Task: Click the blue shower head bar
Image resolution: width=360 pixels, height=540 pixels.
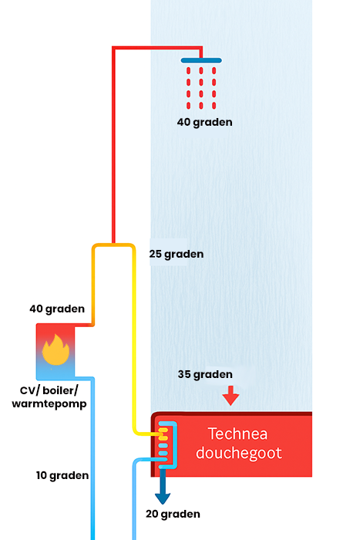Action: [x=201, y=60]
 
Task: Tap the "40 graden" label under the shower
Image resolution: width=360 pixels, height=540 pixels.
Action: [x=205, y=122]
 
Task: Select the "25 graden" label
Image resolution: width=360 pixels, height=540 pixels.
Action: [x=177, y=254]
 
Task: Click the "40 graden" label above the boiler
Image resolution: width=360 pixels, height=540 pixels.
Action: [x=57, y=309]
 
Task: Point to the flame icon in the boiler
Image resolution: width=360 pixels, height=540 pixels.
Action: [x=56, y=349]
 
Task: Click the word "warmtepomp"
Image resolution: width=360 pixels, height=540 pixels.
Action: [x=49, y=403]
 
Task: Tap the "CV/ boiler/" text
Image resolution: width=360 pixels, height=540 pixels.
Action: [x=49, y=390]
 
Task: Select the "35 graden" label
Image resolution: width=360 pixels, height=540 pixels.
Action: [x=205, y=374]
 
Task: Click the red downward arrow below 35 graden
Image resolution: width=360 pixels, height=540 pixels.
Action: [x=230, y=396]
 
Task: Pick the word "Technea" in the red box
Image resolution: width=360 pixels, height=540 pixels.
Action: [x=238, y=434]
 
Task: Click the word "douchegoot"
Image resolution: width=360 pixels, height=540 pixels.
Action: [x=239, y=453]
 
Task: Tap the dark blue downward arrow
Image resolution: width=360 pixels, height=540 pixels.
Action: [x=163, y=486]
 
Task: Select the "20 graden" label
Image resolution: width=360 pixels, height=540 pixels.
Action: [x=173, y=515]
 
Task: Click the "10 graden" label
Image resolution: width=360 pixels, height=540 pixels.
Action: [x=62, y=476]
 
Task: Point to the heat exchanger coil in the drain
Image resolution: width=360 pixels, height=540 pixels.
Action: [x=167, y=445]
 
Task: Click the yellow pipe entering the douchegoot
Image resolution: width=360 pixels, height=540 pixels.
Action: [x=134, y=344]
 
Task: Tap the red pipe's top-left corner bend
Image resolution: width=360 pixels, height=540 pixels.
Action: [x=114, y=48]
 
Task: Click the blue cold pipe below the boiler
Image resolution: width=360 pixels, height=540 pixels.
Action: [x=93, y=458]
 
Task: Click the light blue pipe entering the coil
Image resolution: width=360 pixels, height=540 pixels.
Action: [x=134, y=499]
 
